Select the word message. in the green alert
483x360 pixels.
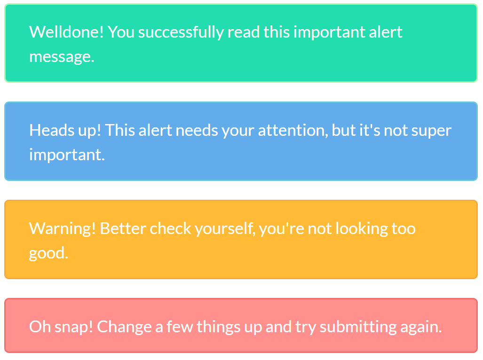(x=62, y=57)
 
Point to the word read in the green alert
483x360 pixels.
(x=244, y=32)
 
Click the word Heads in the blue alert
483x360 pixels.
(x=49, y=130)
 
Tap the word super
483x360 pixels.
(x=432, y=130)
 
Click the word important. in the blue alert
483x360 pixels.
(x=67, y=155)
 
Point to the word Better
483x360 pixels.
(x=123, y=228)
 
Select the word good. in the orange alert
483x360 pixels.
(x=48, y=253)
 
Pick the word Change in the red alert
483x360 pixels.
(x=124, y=327)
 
